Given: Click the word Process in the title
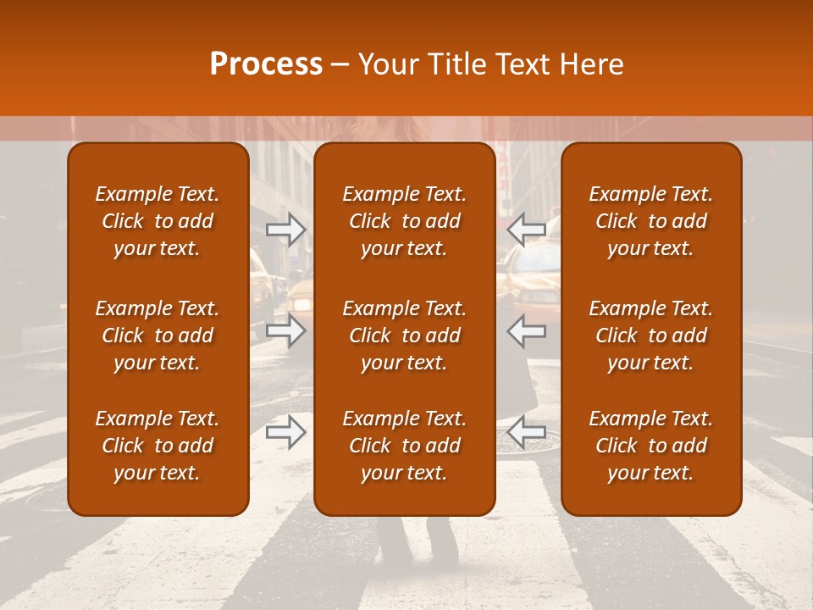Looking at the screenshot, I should [x=266, y=64].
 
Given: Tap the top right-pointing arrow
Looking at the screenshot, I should [x=285, y=229].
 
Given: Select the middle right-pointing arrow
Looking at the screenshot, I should [x=285, y=330].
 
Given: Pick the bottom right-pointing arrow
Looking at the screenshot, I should [x=285, y=433].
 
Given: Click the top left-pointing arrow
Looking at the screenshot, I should [x=527, y=229].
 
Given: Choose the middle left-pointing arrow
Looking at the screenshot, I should [x=527, y=330].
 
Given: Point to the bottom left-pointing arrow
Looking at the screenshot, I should [x=527, y=433].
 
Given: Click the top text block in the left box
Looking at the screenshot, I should [x=158, y=221].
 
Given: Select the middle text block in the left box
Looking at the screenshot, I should [x=158, y=335].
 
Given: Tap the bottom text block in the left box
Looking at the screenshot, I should [x=158, y=446].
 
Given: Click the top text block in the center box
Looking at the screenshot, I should [x=404, y=221].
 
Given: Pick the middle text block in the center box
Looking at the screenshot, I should [x=404, y=335].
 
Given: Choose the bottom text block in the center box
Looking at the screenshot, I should [x=404, y=446].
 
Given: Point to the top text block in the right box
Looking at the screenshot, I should [x=650, y=221].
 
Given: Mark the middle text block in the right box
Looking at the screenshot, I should [x=650, y=335].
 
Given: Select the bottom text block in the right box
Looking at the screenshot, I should [x=650, y=446].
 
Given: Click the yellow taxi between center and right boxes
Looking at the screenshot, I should [x=528, y=280].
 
